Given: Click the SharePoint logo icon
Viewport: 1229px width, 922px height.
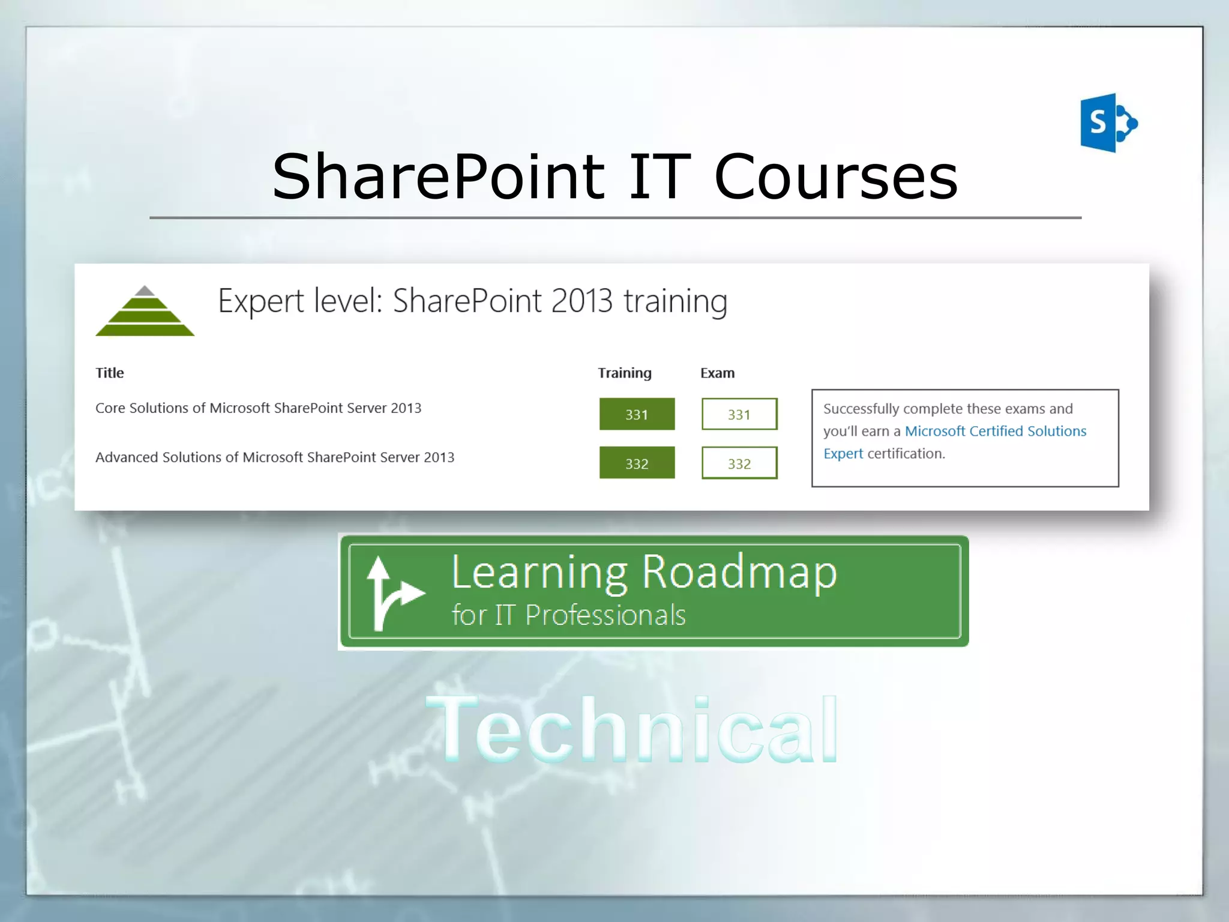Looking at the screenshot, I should coord(1108,123).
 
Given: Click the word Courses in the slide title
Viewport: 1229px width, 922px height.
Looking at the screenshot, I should coord(835,177).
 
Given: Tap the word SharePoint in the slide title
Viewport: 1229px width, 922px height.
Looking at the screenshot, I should coord(438,177).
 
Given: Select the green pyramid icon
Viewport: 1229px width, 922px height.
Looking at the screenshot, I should coord(145,312).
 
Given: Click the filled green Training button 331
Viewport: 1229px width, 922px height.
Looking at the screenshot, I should coord(637,414).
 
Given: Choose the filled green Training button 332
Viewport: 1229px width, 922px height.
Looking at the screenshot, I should coord(637,463).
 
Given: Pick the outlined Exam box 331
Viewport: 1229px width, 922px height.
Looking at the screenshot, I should coord(739,414).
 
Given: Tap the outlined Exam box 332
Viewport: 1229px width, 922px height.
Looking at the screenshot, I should coord(739,463).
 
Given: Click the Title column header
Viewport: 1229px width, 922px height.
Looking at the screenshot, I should coord(110,373).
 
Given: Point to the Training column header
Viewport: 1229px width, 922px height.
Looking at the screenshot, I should coord(625,373).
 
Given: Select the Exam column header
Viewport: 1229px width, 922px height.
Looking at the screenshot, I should coord(717,373).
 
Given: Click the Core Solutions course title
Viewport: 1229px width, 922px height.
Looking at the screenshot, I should coord(258,408).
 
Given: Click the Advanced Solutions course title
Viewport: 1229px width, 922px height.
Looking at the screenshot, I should coord(275,457).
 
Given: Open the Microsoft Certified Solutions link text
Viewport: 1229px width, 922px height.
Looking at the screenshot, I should coord(995,431).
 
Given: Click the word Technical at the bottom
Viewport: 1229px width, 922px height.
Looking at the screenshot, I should coord(633,729).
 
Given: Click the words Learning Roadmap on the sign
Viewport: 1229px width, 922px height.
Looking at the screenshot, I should coord(643,572).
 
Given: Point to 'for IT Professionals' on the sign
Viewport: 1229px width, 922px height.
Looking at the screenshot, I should coord(568,615).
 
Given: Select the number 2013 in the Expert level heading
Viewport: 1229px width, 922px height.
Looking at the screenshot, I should coord(581,301).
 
